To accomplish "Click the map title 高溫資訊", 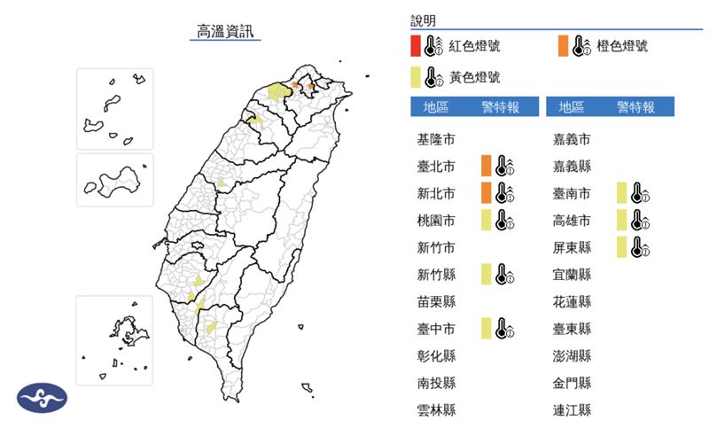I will (x=228, y=32).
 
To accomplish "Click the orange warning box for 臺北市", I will (x=486, y=166).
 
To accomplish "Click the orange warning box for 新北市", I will (x=486, y=192).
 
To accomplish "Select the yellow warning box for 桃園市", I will (x=486, y=220).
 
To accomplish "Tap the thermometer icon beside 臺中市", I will (x=505, y=329).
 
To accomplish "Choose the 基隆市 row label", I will (x=436, y=139).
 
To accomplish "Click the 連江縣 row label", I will (x=572, y=409).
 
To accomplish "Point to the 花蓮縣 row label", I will (x=572, y=301).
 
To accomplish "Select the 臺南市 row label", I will (x=572, y=193).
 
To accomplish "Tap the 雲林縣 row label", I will (x=436, y=409).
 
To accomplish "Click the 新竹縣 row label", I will (x=436, y=275).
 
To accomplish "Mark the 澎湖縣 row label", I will (x=572, y=355).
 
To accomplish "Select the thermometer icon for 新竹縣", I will (x=505, y=274).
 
